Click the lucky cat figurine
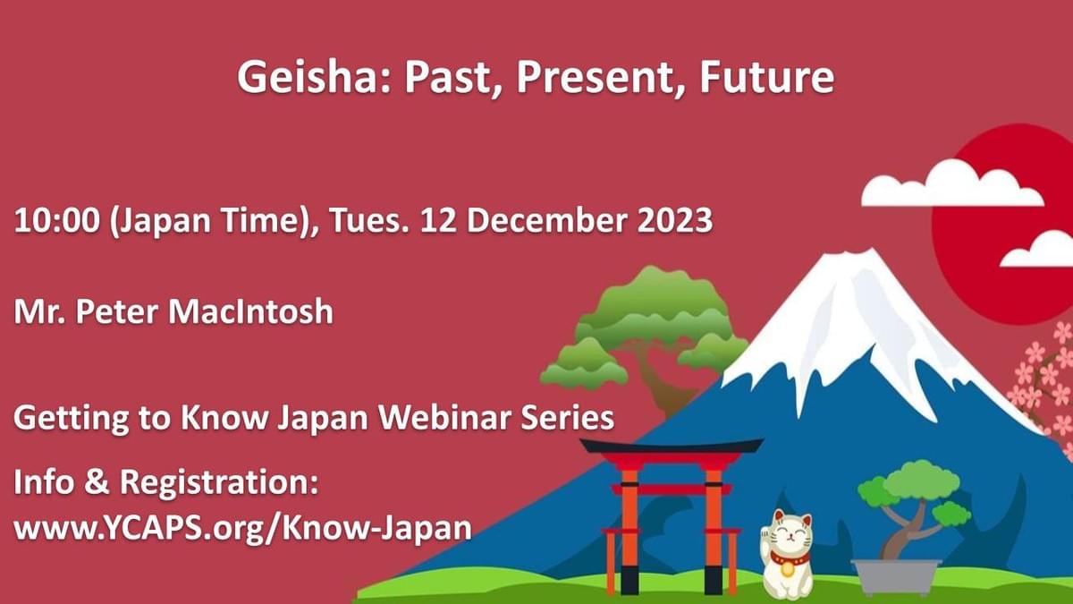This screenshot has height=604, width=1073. pos(786,555)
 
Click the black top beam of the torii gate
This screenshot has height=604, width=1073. pos(671,446)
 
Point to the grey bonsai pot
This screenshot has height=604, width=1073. pos(895,576)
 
